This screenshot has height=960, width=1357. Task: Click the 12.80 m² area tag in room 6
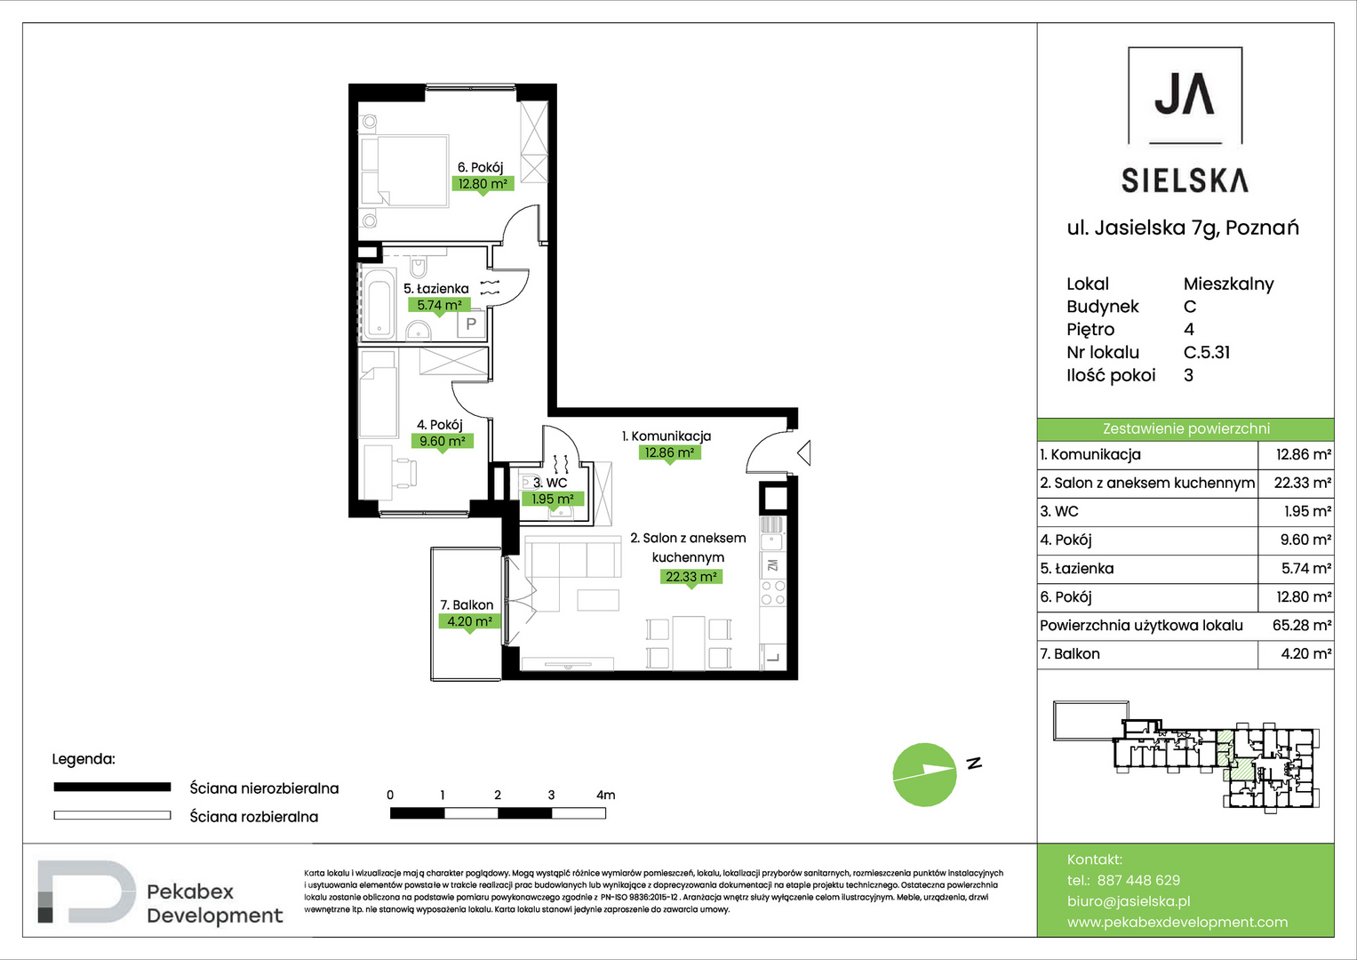tap(483, 184)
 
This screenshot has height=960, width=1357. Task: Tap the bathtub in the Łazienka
tap(378, 303)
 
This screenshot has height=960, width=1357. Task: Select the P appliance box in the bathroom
tap(471, 324)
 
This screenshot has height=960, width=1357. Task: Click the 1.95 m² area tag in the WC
tap(553, 499)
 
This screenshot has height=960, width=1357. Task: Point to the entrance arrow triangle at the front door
tap(804, 452)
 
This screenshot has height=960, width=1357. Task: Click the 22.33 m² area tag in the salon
tap(691, 576)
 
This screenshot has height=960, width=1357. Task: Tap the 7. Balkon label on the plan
tap(467, 604)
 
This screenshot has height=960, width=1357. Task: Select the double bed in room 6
tap(404, 171)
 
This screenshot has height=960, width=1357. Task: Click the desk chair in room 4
tap(404, 473)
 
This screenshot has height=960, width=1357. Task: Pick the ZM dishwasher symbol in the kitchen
tap(772, 565)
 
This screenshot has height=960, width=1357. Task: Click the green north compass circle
tap(924, 774)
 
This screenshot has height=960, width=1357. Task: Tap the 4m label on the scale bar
tap(605, 795)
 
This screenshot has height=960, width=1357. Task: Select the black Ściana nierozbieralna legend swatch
tap(112, 788)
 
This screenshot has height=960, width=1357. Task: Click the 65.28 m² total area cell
tap(1302, 625)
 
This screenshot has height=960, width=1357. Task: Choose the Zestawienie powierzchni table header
tap(1185, 429)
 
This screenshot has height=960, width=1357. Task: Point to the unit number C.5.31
tap(1207, 352)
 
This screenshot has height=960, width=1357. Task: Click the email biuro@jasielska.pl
tap(1129, 901)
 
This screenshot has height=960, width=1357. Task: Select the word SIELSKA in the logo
tap(1185, 180)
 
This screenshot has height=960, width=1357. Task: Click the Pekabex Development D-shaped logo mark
tap(86, 891)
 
